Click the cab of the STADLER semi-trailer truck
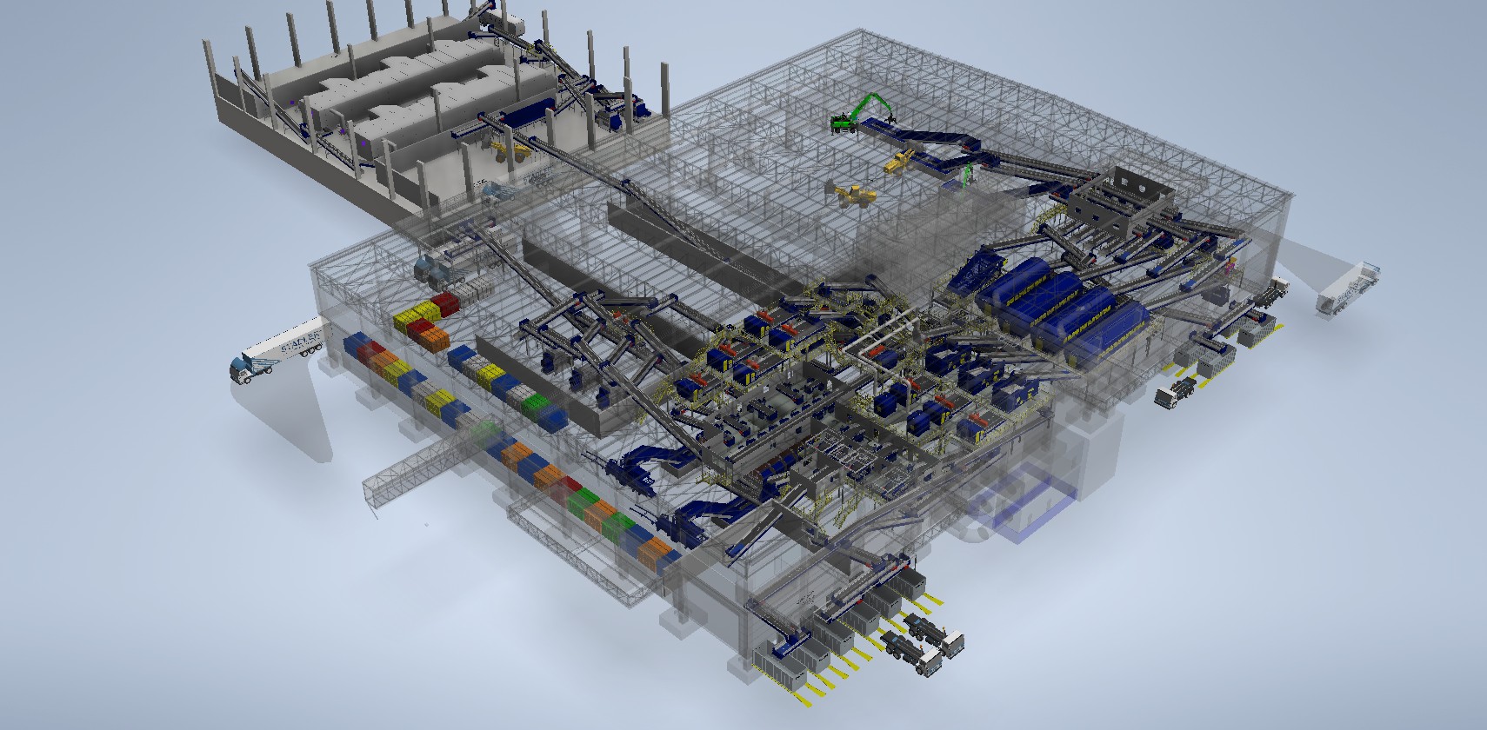tap(241, 368)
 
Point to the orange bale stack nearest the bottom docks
tap(659, 549)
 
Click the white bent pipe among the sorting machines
tap(878, 339)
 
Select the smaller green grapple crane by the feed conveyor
tap(966, 173)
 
